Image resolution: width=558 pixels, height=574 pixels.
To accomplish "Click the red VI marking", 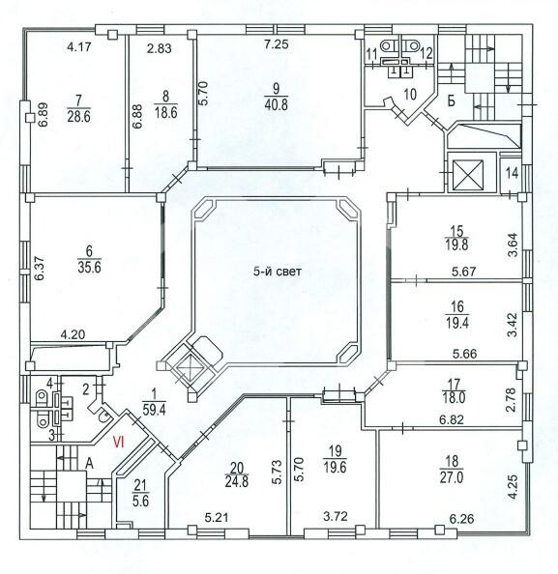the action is (119, 443).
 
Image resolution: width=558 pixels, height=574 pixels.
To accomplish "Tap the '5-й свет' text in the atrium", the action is (278, 272).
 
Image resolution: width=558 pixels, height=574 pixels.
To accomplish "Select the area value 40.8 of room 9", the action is (276, 104).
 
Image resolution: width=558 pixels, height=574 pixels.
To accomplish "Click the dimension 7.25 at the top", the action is (277, 44).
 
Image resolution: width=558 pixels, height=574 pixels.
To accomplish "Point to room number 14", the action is (512, 173).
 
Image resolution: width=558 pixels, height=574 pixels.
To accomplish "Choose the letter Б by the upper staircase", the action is (452, 100).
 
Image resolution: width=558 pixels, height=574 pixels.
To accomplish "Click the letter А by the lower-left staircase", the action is (89, 464).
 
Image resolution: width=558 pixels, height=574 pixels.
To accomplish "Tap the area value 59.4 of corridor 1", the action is (155, 410).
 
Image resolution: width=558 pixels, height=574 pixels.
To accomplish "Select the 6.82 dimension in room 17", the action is (452, 419).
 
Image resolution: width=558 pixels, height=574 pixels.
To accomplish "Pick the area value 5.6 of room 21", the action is (140, 501).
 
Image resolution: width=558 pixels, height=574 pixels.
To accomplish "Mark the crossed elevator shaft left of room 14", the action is (468, 175).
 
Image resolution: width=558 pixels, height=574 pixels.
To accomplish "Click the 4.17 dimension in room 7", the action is (79, 47).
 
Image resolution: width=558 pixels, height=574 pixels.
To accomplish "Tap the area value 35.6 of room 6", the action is (90, 267).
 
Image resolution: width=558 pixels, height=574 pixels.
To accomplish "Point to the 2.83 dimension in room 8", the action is (160, 48).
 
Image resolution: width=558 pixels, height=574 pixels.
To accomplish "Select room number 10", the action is (410, 94).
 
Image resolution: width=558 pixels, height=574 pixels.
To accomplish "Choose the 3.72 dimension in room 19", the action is (335, 517).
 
